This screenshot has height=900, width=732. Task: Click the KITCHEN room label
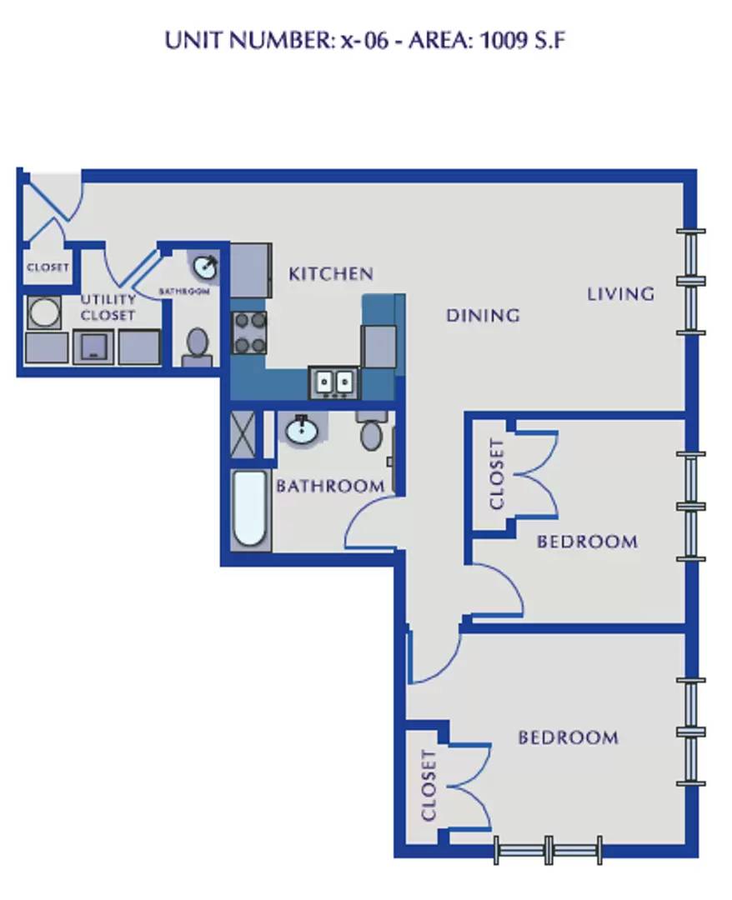click(331, 274)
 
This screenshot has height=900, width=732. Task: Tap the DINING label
click(483, 315)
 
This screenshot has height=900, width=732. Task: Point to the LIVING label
click(620, 294)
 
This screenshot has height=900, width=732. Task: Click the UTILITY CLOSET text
click(108, 307)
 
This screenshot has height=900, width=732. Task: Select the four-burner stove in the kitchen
click(249, 332)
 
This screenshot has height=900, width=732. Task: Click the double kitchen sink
click(334, 382)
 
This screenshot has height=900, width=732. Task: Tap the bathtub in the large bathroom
click(250, 508)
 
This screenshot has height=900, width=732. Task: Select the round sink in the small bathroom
click(205, 267)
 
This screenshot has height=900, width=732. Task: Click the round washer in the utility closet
click(43, 312)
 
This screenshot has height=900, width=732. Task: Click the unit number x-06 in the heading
click(365, 42)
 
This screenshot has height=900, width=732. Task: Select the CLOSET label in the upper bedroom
click(497, 474)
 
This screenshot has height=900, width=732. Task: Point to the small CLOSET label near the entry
click(48, 267)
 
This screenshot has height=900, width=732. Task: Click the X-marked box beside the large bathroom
click(243, 434)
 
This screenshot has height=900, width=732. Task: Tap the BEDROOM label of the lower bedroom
click(569, 737)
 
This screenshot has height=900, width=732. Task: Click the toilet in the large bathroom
click(371, 431)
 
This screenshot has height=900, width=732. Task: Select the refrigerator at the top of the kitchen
click(250, 270)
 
